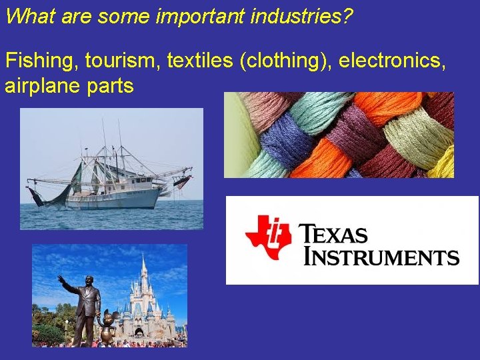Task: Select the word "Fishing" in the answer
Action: pyautogui.click(x=41, y=61)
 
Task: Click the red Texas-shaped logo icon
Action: pyautogui.click(x=267, y=237)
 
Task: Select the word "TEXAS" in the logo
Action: pyautogui.click(x=333, y=235)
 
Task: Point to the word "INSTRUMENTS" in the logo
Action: pyautogui.click(x=381, y=256)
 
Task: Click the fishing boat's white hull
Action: pyautogui.click(x=120, y=197)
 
